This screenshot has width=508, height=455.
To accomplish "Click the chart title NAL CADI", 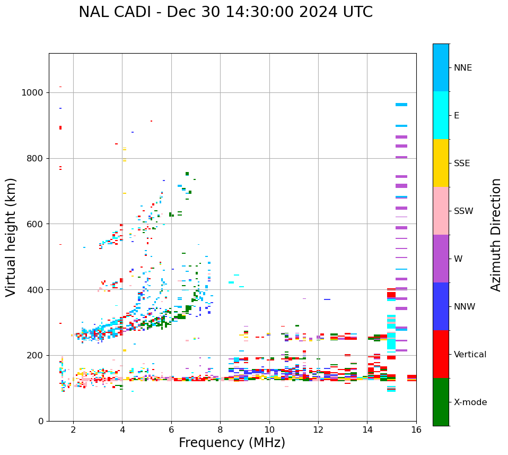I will pos(225,12).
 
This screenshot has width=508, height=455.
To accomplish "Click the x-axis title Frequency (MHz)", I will pos(232,443).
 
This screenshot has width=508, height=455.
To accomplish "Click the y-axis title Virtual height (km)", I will pos(11,237).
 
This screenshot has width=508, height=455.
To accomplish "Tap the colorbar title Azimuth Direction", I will pos(496,235).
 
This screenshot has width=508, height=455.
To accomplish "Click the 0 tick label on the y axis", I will pos(40,421).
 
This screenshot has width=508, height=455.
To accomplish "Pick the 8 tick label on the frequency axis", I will pos(220,429).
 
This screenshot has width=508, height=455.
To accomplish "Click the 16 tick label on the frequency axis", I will pos(416,429).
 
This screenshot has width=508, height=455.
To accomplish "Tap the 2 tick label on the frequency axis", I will pos(73,429).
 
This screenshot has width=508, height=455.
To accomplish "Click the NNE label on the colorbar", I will pos(463,68).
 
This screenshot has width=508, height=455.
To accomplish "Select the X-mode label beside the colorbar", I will pos(470,402).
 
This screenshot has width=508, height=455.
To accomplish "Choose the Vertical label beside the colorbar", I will pos(469,355).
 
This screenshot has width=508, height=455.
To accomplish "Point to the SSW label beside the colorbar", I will pos(463,211).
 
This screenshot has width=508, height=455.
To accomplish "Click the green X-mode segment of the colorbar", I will pos(441,402).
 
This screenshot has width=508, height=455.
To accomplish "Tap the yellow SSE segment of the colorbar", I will pos(441,163).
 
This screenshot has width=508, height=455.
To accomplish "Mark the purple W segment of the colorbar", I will pos(441,259).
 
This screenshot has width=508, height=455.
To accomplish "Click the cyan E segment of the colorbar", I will pos(441,115).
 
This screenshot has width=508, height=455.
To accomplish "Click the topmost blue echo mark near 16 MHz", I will pos(401,105).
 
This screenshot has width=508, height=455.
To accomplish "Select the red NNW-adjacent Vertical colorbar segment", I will pos(441,354).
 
